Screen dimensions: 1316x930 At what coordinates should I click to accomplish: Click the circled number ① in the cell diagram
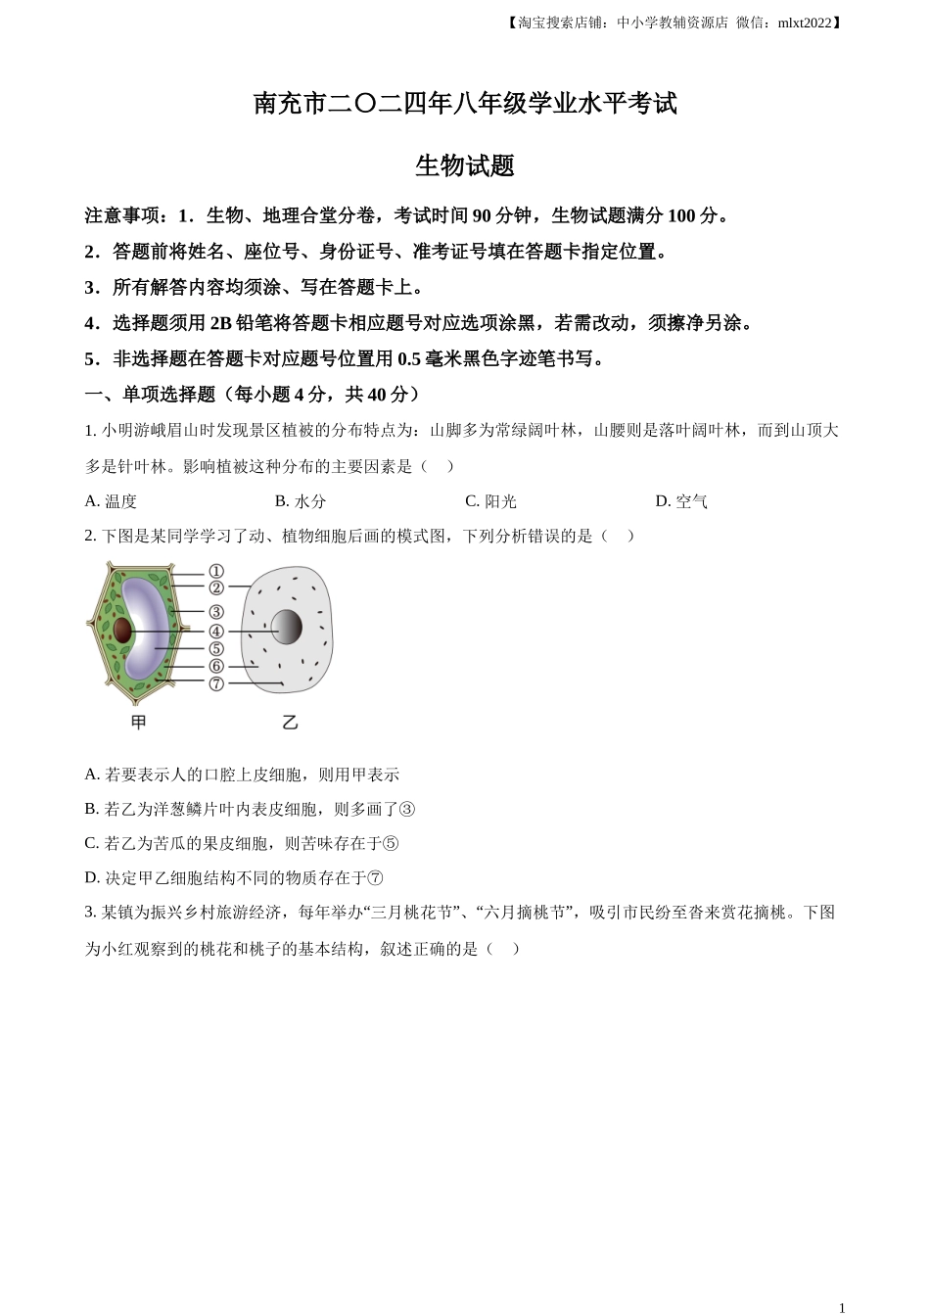(x=216, y=571)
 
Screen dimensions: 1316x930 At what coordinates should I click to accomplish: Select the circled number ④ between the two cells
(x=216, y=632)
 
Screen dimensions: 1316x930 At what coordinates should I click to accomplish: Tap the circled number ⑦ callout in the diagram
(x=216, y=683)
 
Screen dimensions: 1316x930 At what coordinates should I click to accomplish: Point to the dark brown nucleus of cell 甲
(x=122, y=630)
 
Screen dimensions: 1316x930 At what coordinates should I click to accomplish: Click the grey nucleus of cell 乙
(x=286, y=627)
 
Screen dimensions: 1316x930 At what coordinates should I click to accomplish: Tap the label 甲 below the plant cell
(x=139, y=723)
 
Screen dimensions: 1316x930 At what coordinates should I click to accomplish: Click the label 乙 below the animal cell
(x=290, y=723)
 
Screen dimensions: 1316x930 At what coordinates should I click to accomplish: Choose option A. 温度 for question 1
(x=111, y=501)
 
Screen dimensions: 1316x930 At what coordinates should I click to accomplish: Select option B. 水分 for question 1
(x=301, y=501)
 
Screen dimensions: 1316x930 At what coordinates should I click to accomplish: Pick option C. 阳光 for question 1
(x=490, y=501)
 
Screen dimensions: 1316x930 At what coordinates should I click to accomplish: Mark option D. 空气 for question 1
(x=681, y=501)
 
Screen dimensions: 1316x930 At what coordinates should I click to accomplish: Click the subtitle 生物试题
(x=465, y=165)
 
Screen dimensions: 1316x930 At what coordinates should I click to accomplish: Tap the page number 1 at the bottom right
(x=841, y=1307)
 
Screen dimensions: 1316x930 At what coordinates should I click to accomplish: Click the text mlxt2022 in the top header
(x=804, y=23)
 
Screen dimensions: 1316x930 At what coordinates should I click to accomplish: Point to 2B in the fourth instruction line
(x=221, y=323)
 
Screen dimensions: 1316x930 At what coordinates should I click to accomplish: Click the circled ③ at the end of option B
(x=407, y=810)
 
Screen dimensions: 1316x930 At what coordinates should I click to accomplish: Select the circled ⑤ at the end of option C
(x=391, y=844)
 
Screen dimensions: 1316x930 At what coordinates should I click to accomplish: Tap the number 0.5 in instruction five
(x=408, y=359)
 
